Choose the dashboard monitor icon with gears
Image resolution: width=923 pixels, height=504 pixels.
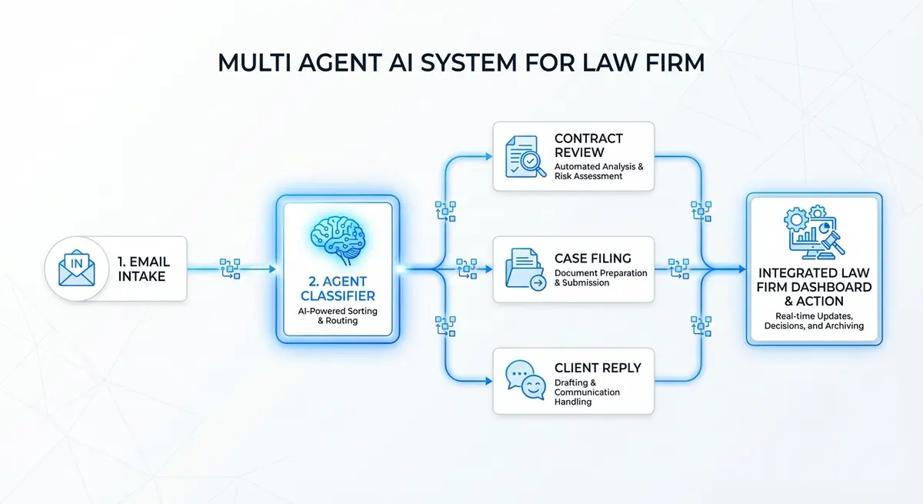click(815, 232)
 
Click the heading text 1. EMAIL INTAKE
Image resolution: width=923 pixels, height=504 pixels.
click(143, 269)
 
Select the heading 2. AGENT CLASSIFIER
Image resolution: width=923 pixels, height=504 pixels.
click(337, 286)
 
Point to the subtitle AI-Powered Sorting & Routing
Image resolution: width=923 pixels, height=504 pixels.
click(337, 315)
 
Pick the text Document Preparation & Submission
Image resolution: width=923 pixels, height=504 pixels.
click(601, 278)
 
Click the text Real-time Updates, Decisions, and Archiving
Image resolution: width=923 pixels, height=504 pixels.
click(814, 320)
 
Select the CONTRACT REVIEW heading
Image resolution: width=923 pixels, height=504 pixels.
click(588, 145)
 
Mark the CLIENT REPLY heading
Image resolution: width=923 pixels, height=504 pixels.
click(598, 368)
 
